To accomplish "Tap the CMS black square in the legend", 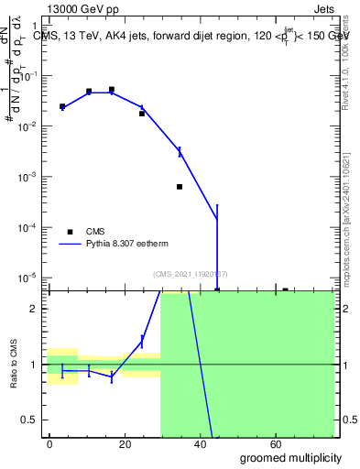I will pyautogui.click(x=70, y=232).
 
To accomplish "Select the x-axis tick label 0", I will pyautogui.click(x=49, y=444).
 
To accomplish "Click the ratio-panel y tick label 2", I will pyautogui.click(x=36, y=309).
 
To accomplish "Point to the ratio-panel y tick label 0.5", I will pyautogui.click(x=30, y=420).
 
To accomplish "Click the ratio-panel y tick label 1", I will pyautogui.click(x=36, y=365).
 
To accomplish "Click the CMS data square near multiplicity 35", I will pyautogui.click(x=180, y=187).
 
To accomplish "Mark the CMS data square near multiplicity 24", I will pyautogui.click(x=142, y=114).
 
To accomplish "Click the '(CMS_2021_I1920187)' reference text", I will pyautogui.click(x=190, y=273).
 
